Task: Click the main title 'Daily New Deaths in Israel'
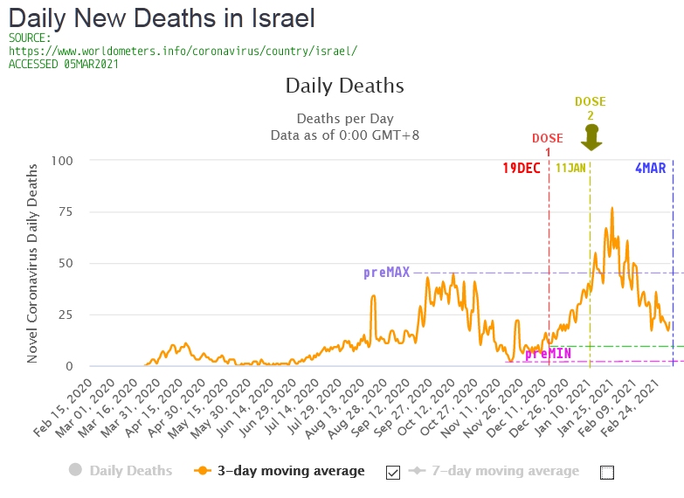coord(162,17)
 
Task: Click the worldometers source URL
coord(183,51)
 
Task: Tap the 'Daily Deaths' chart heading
coord(344,86)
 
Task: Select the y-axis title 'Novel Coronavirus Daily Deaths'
coord(32,262)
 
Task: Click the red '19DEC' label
coord(521,168)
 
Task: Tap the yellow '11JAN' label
coord(570,168)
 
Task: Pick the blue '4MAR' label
coord(650,168)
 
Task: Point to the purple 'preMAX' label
coord(386,273)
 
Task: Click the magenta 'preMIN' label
coord(548,354)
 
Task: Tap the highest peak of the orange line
coord(611,208)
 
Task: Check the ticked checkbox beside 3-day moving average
coord(392,472)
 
